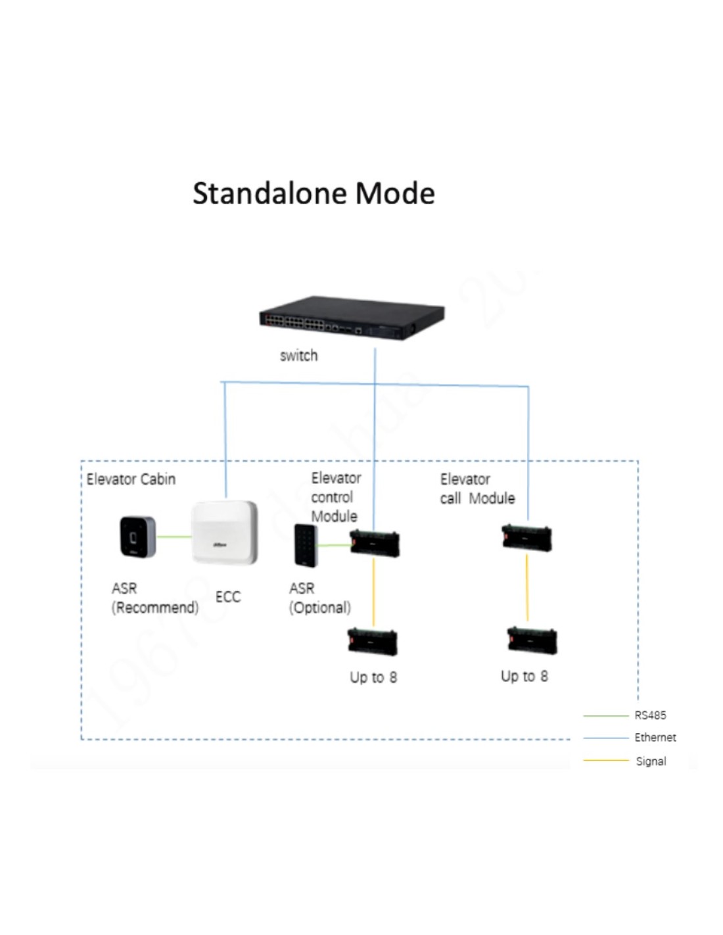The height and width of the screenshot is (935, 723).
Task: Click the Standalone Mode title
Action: coord(314,193)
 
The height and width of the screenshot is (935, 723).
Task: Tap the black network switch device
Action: coord(352,318)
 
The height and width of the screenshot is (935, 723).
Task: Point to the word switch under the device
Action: coord(298,356)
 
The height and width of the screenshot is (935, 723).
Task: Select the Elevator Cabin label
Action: coord(131,479)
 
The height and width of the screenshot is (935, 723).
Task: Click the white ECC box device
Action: coord(223,533)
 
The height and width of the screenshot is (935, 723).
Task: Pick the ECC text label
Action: coord(228,597)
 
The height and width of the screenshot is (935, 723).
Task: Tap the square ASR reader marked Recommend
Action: coord(137,537)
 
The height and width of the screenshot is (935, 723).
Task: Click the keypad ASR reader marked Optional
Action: coord(306,545)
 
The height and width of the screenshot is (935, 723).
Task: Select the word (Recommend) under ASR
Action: coord(155,608)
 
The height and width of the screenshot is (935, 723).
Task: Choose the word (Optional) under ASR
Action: coord(320,608)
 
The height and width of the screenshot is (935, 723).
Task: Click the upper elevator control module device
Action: coord(375,544)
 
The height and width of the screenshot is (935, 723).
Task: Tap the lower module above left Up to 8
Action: coord(373,642)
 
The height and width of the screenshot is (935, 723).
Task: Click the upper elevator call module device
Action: coord(526,538)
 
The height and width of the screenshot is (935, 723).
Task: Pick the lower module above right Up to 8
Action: coord(532,640)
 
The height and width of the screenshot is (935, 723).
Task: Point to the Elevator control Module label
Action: coord(335,497)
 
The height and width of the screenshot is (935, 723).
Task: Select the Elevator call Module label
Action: coord(477,489)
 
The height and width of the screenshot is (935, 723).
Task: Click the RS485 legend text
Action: coord(650,715)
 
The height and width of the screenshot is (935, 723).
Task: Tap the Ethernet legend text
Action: coord(655,738)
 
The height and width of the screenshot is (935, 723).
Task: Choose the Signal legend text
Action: coord(651,761)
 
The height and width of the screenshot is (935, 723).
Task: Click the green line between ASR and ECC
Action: coord(174,537)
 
